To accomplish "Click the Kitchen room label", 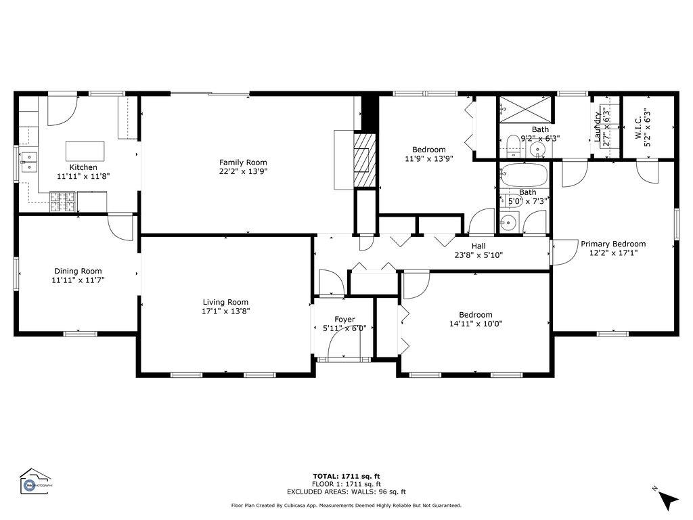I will click(x=83, y=167).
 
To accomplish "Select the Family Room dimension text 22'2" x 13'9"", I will click(x=242, y=171).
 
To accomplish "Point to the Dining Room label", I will click(x=78, y=271).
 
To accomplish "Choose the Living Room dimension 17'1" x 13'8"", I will click(x=225, y=311).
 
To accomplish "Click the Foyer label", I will click(x=344, y=320).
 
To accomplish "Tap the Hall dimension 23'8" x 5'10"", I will click(x=478, y=255).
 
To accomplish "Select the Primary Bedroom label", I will click(x=612, y=244).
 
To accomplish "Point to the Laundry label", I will click(x=598, y=128).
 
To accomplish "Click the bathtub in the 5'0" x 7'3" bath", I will click(x=524, y=175).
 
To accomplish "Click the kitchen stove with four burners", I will click(x=62, y=201).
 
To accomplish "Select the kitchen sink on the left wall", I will click(x=28, y=161).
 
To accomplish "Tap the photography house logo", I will click(x=35, y=481).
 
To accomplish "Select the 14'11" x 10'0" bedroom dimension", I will click(x=475, y=324).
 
